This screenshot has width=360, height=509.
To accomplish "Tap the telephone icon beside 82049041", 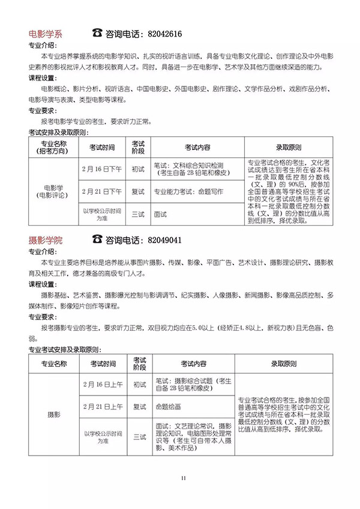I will tap(98, 239).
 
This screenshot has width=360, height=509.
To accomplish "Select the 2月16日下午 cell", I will tap(102, 169).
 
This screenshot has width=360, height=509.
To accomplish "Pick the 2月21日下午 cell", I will tap(102, 191).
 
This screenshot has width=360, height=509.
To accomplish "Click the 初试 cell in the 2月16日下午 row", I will tap(139, 169).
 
